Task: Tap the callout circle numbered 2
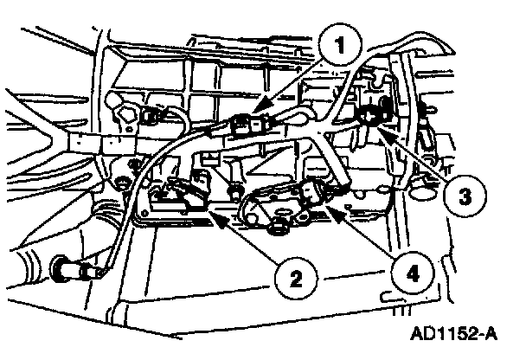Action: click(x=296, y=277)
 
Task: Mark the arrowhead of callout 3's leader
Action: click(x=378, y=125)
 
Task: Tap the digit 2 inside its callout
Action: click(x=296, y=277)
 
